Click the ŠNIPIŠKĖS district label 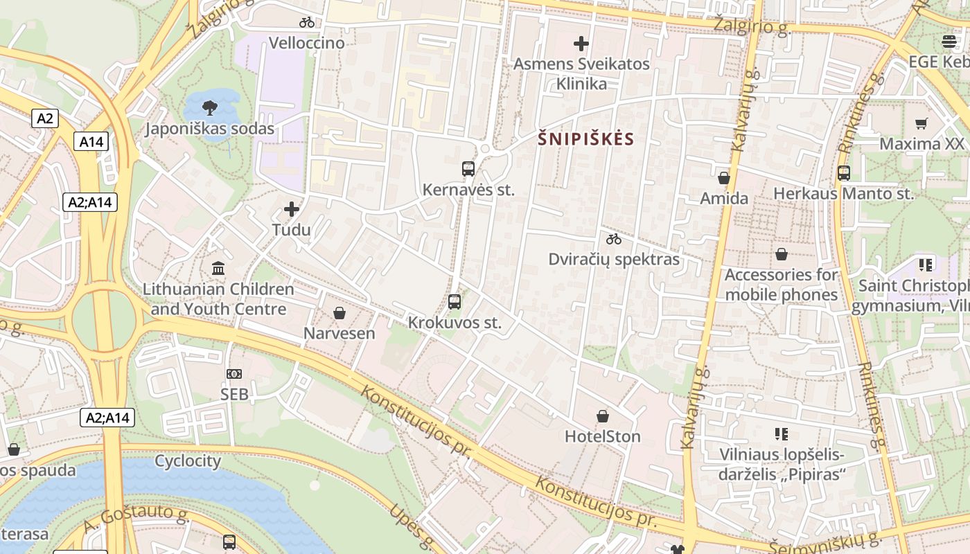pyautogui.click(x=586, y=139)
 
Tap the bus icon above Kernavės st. pyautogui.click(x=468, y=168)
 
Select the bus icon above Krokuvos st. pyautogui.click(x=455, y=301)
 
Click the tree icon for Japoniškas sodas pyautogui.click(x=209, y=107)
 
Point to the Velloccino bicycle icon pyautogui.click(x=307, y=22)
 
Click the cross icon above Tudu pyautogui.click(x=292, y=208)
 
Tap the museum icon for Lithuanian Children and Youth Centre pyautogui.click(x=218, y=268)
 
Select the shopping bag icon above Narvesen pyautogui.click(x=339, y=313)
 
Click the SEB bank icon pyautogui.click(x=234, y=374)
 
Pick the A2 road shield pyautogui.click(x=45, y=118)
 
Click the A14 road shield pyautogui.click(x=91, y=142)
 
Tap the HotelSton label pyautogui.click(x=603, y=436)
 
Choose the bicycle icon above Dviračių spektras pyautogui.click(x=614, y=240)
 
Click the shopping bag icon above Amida pyautogui.click(x=724, y=178)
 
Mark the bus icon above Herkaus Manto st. pyautogui.click(x=844, y=173)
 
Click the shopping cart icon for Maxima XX pyautogui.click(x=921, y=124)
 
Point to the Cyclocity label pyautogui.click(x=188, y=461)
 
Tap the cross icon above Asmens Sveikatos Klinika pyautogui.click(x=581, y=44)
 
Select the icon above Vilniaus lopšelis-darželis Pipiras pyautogui.click(x=782, y=434)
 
